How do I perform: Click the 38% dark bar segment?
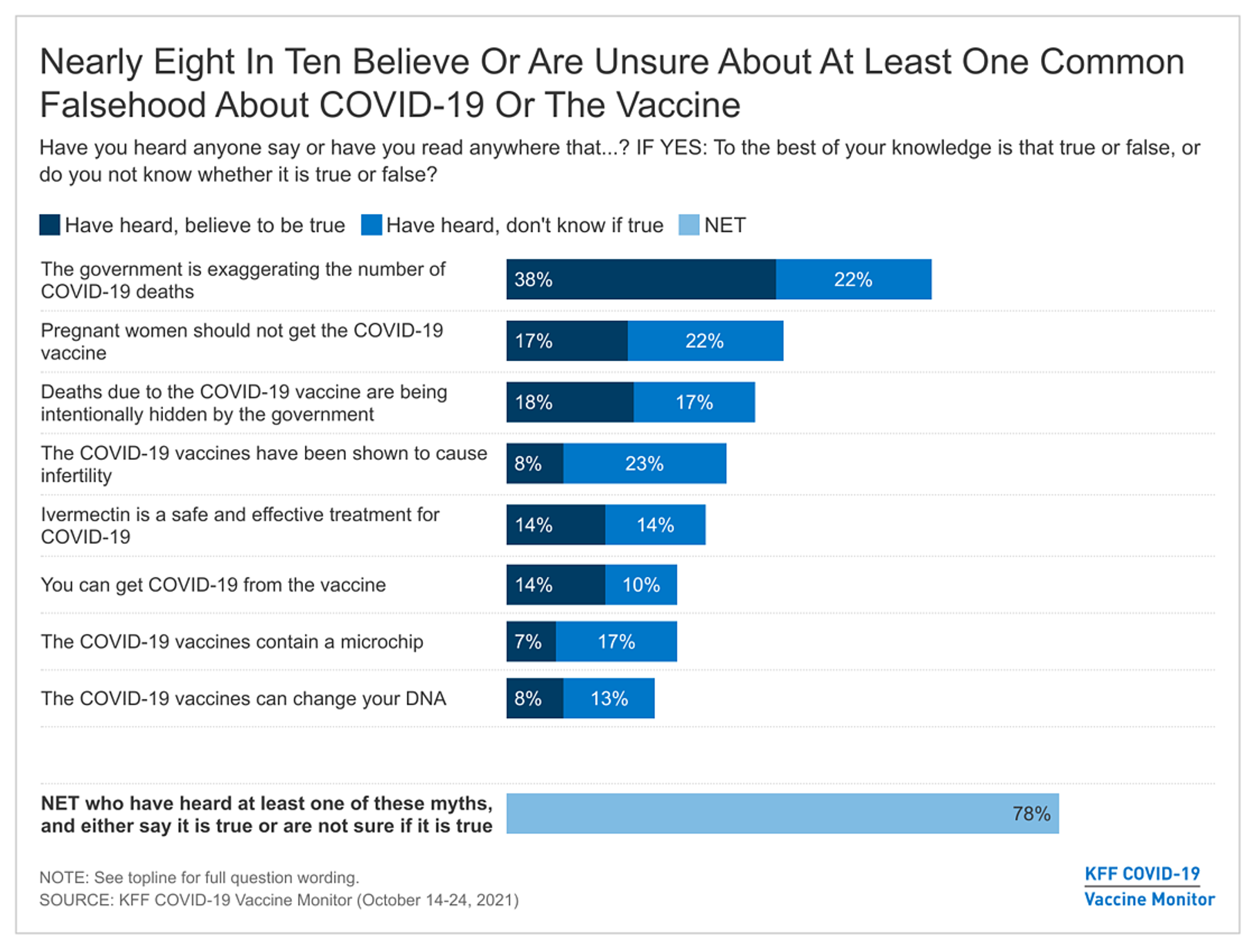tap(641, 279)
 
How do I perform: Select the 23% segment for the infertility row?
tap(644, 464)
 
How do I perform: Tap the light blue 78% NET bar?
tap(782, 814)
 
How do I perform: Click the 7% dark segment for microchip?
tap(531, 642)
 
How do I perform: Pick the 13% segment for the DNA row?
tap(609, 698)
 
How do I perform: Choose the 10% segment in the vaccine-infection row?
tap(641, 585)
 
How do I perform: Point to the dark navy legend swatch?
tap(50, 225)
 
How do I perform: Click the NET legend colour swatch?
tap(688, 225)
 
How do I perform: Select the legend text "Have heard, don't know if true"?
tap(525, 225)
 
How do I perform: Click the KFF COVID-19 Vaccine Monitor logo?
tap(1149, 886)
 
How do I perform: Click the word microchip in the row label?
tap(382, 642)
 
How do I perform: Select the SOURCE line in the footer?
tap(279, 900)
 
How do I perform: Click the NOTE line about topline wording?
tap(199, 877)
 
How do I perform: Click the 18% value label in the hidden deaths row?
tap(533, 402)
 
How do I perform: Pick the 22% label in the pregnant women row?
tap(704, 341)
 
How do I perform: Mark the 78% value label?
tap(1031, 814)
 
